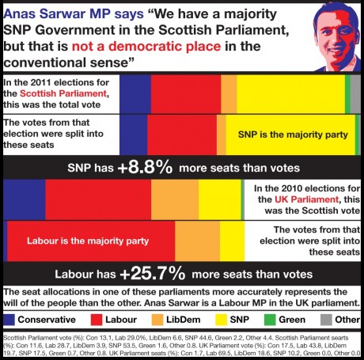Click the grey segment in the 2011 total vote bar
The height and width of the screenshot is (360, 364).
tap(355, 93)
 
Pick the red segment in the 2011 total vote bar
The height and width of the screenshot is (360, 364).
tap(185, 93)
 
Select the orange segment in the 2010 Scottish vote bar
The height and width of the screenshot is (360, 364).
tap(174, 198)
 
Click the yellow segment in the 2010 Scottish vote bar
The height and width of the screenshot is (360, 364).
tap(219, 198)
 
